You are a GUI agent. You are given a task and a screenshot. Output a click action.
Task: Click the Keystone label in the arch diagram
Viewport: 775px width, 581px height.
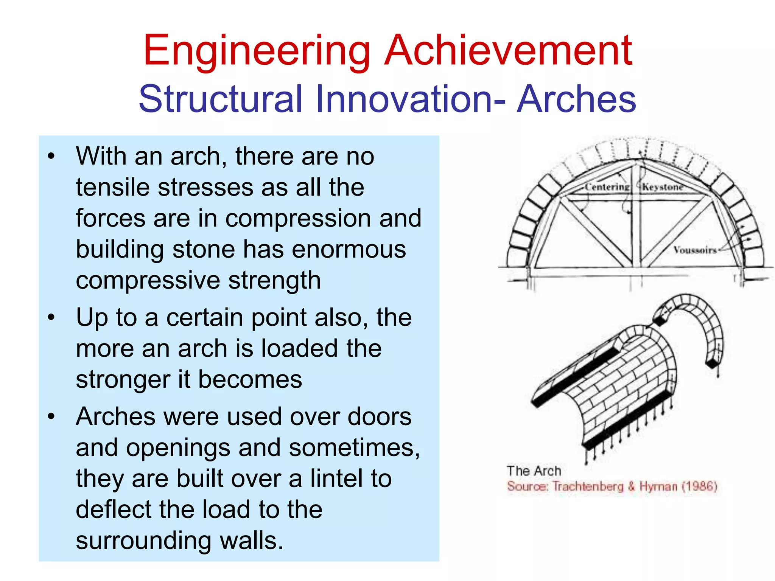pyautogui.click(x=663, y=187)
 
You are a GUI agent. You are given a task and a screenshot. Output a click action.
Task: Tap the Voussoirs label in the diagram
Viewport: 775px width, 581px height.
pyautogui.click(x=695, y=250)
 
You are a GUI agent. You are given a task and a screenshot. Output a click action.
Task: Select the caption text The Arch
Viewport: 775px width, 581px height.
pyautogui.click(x=534, y=471)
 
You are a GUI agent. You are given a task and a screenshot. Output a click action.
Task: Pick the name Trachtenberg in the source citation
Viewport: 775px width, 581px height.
pyautogui.click(x=588, y=486)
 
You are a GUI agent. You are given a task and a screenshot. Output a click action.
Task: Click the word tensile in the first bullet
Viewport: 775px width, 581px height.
pyautogui.click(x=113, y=188)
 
